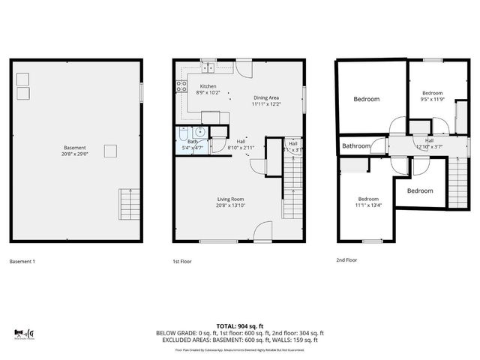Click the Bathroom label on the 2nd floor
pyautogui.click(x=357, y=146)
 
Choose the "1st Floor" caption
pyautogui.click(x=182, y=262)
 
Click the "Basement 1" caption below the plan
pyautogui.click(x=22, y=262)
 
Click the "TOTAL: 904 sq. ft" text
pyautogui.click(x=239, y=325)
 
